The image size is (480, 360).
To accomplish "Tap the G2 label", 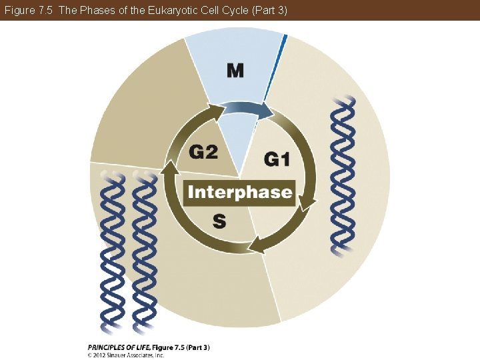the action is tap(203, 152).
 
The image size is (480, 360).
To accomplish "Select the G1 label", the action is tap(277, 159).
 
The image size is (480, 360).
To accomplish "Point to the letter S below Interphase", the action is tap(219, 221).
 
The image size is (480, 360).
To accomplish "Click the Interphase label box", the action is tap(239, 193).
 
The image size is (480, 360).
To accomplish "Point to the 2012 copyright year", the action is tap(102, 355).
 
